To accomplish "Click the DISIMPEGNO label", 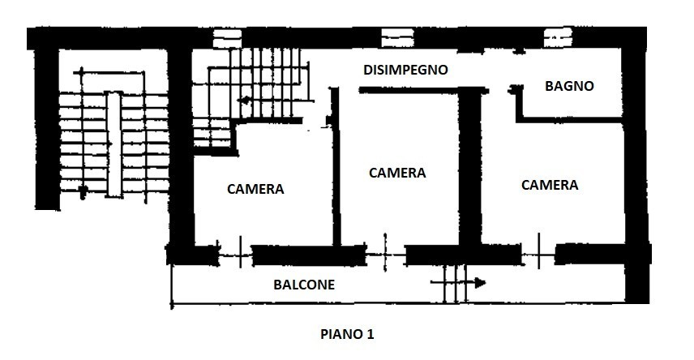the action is (405, 70).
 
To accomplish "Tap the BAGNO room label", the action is (569, 86).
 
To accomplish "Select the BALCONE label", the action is (304, 285).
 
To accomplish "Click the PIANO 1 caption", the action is (347, 334).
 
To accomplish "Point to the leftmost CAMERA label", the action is (255, 189).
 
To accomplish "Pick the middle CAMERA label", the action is (397, 173).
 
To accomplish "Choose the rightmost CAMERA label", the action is (550, 185).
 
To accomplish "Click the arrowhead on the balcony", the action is (480, 282).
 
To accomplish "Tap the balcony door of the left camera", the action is (235, 255).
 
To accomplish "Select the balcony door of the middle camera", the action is (385, 255).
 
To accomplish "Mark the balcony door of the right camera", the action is (538, 255).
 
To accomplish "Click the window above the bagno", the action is (558, 37).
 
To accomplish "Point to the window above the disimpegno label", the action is (397, 38).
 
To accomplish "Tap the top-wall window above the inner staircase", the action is (228, 39).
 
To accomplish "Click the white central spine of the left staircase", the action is (114, 144).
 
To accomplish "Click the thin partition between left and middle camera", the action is (336, 166).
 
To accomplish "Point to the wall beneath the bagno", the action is (570, 119).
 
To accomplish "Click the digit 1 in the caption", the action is (370, 334).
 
